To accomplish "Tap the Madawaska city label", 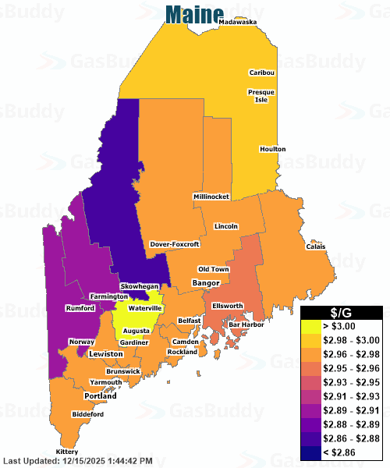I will tap(238, 23).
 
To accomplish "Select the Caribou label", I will tap(262, 73).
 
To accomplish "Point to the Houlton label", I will tap(273, 149).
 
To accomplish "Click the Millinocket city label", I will tap(211, 197).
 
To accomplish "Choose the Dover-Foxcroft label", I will tap(175, 243).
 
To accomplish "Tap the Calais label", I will tap(316, 247).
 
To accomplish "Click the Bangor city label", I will tap(206, 282).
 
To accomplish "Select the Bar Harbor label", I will tap(246, 324).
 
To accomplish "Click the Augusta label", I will tap(136, 331).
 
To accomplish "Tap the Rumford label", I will tap(80, 307).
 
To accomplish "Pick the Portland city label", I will tap(101, 396).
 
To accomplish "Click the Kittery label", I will tap(68, 452).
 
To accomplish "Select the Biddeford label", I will tap(87, 414).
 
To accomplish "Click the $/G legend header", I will tap(342, 313).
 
